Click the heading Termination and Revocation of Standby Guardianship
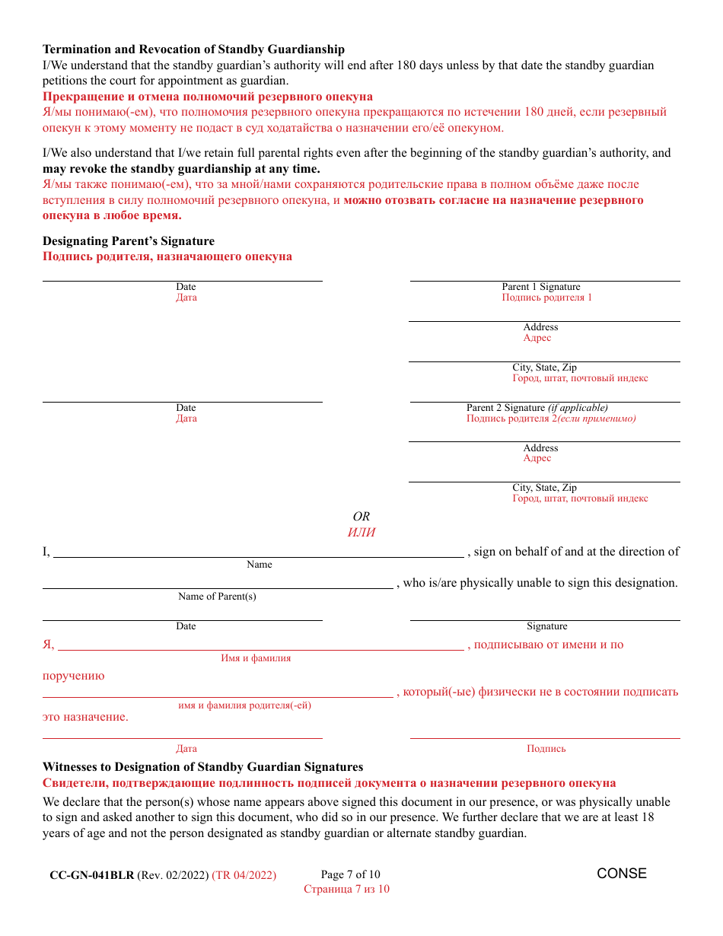coord(193,49)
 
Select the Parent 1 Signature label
coord(540,287)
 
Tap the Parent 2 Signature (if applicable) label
coord(537,408)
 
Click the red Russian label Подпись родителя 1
coord(546,298)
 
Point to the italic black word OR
coord(361,517)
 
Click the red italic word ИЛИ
coord(361,533)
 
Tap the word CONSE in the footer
coord(622,874)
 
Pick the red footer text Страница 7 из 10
coord(346,889)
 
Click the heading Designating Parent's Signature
coord(129,241)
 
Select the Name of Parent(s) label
coord(217,597)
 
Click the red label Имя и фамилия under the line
coord(256,658)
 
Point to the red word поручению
coord(74,676)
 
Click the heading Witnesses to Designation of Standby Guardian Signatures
coord(202,767)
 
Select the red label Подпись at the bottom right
coord(546,749)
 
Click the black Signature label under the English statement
coord(546,626)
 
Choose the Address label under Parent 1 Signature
coord(540,327)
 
